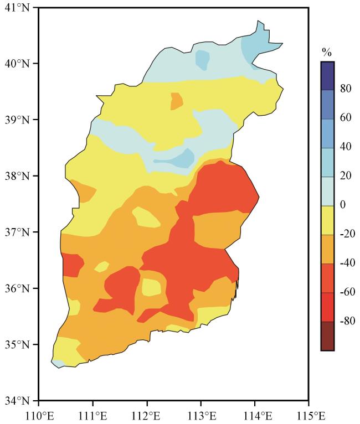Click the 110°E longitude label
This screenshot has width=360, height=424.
(x=38, y=414)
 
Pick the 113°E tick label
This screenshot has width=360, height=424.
(x=201, y=414)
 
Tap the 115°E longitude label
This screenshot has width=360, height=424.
(x=308, y=414)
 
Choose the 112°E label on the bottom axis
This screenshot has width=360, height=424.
(x=147, y=414)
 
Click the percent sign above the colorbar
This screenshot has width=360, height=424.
(x=327, y=53)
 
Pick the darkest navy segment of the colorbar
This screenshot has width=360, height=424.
(x=327, y=75)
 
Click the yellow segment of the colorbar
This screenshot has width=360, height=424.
(x=327, y=220)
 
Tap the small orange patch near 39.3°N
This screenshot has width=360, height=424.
(x=177, y=101)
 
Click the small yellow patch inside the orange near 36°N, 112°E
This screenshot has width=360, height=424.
(x=151, y=287)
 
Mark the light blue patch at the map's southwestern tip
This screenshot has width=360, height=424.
(x=58, y=363)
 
